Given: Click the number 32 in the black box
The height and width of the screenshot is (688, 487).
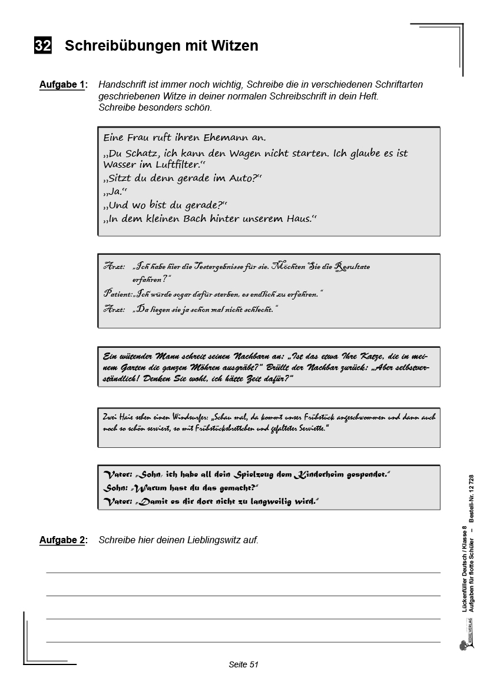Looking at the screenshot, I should click(43, 45).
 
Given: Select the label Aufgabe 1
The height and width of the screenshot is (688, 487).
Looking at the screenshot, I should click(62, 85).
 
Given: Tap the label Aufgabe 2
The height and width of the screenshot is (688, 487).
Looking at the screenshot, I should click(62, 540).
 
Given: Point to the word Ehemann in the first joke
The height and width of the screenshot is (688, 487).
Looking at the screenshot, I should click(220, 138).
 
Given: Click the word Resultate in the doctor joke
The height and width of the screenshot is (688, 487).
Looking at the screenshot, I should click(352, 267).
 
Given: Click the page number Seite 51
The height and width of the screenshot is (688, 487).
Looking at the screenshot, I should click(243, 664).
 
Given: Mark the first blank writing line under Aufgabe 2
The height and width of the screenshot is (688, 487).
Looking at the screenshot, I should click(243, 571).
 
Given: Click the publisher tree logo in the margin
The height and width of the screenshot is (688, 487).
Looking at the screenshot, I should click(462, 646).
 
